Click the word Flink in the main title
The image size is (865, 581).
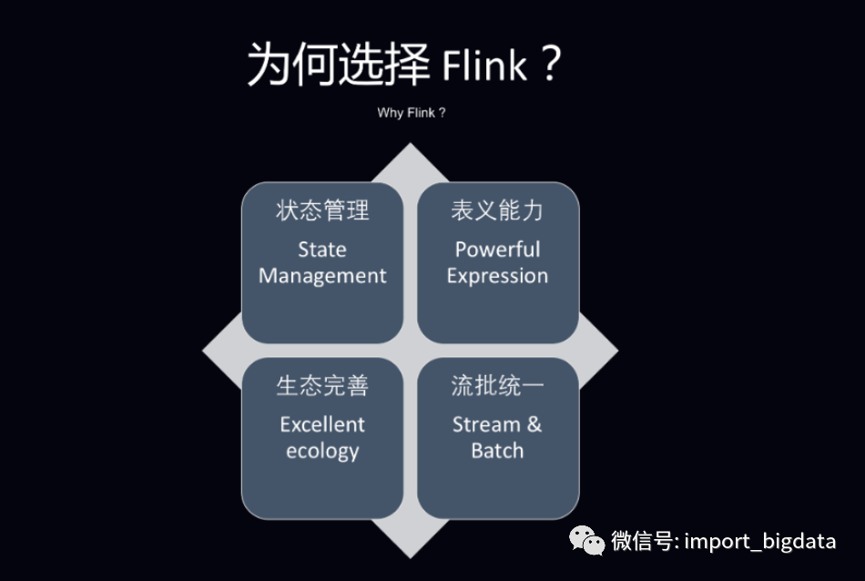pyautogui.click(x=484, y=67)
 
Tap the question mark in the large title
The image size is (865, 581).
pyautogui.click(x=549, y=66)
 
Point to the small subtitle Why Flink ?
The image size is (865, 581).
pyautogui.click(x=412, y=113)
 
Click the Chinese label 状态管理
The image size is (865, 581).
pyautogui.click(x=322, y=211)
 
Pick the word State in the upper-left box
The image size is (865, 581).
pyautogui.click(x=322, y=250)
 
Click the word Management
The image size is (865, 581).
pyautogui.click(x=322, y=276)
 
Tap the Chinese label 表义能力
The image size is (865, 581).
pyautogui.click(x=497, y=211)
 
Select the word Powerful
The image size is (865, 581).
pyautogui.click(x=497, y=250)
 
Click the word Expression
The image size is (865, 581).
pyautogui.click(x=497, y=276)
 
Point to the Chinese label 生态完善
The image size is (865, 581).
pyautogui.click(x=322, y=386)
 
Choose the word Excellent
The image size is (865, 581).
pyautogui.click(x=322, y=424)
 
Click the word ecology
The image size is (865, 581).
pyautogui.click(x=322, y=452)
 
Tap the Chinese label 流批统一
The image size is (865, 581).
pyautogui.click(x=497, y=386)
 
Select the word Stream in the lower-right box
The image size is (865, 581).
pyautogui.click(x=486, y=424)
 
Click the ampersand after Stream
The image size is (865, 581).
pyautogui.click(x=534, y=424)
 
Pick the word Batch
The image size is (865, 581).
pyautogui.click(x=497, y=451)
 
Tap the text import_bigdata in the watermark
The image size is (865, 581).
pyautogui.click(x=760, y=541)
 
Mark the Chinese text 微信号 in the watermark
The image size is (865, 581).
pyautogui.click(x=642, y=541)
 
